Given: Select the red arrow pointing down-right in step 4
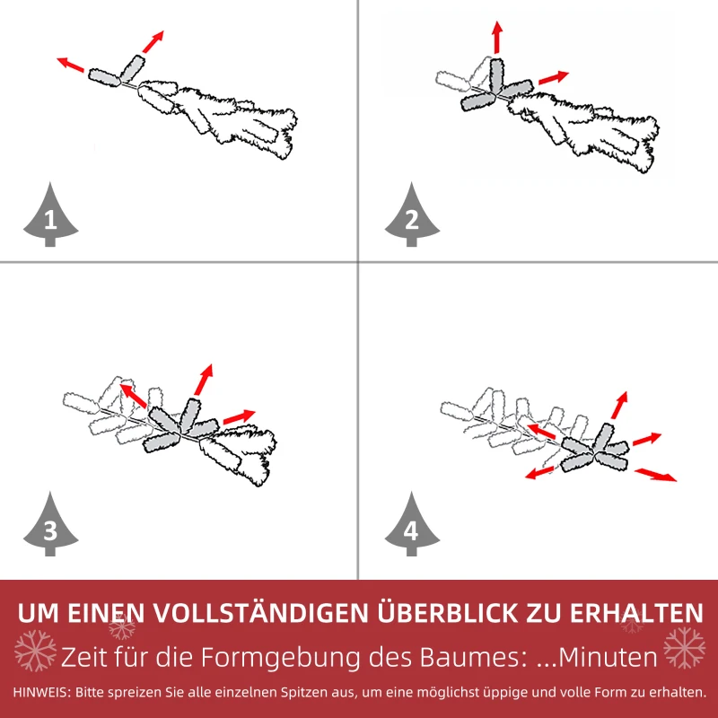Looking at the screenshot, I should point(656,474).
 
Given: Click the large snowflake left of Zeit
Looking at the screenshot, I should point(36,650).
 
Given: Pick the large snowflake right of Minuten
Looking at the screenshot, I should point(684,648).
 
